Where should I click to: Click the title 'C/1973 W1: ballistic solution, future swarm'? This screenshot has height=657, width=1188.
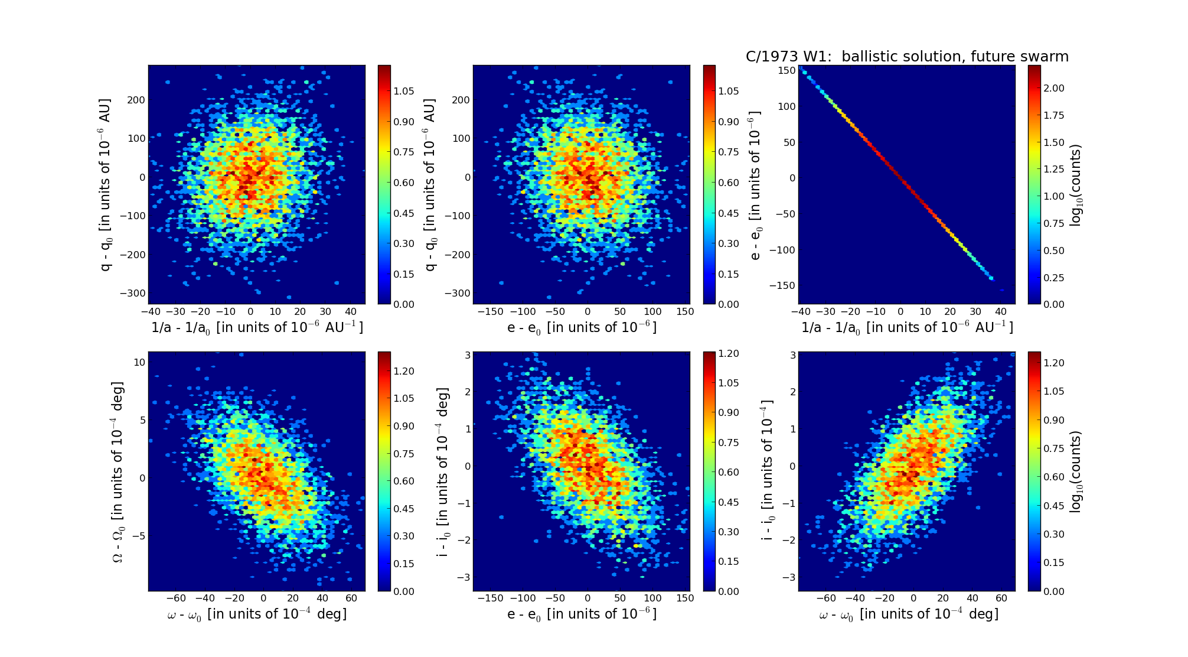(907, 57)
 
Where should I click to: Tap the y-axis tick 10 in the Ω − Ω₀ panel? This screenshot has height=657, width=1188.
(139, 362)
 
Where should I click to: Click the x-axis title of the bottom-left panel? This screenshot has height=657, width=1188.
(257, 614)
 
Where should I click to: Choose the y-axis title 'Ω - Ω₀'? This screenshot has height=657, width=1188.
(118, 471)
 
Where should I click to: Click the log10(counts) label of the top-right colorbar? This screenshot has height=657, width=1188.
(1076, 185)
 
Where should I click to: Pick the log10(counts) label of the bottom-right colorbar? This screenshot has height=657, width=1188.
(1076, 471)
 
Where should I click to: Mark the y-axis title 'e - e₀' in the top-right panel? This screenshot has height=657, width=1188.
(755, 185)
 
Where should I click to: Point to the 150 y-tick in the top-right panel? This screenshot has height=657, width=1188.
(786, 71)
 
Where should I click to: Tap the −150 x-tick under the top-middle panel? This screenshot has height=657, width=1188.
(490, 312)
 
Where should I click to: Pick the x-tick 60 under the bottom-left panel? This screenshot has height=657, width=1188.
(351, 599)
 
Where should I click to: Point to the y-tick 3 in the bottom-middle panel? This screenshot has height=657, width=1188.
(467, 355)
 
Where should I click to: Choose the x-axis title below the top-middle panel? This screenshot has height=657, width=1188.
(582, 328)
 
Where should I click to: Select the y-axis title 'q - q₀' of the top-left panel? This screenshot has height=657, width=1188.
(106, 185)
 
